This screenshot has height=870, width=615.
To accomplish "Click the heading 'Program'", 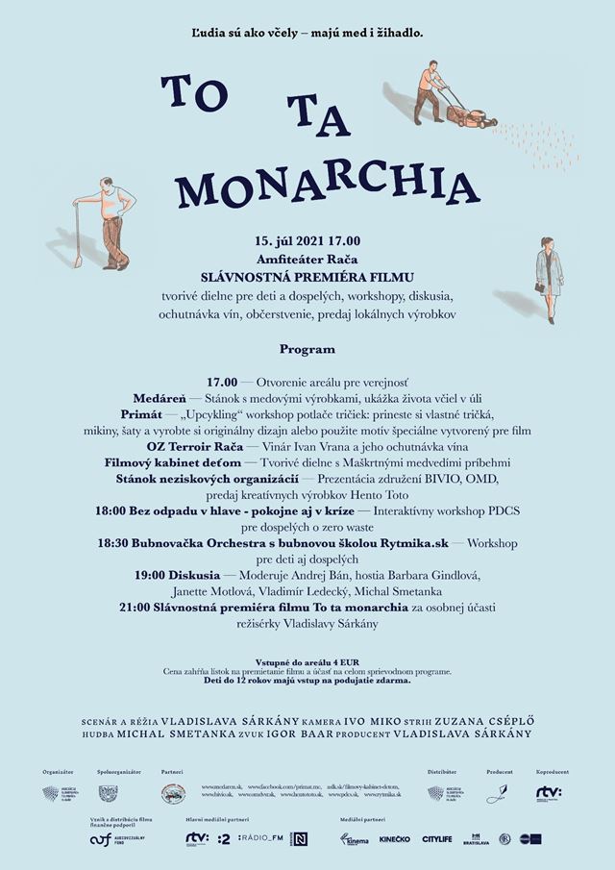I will (307, 349).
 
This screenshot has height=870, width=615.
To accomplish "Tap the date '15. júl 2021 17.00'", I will (307, 240).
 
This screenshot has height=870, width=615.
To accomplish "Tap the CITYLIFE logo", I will (437, 839).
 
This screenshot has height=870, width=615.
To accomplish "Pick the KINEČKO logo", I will (394, 839).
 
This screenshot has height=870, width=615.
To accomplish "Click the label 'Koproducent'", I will (552, 772).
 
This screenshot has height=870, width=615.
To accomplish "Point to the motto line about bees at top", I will (307, 33).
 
